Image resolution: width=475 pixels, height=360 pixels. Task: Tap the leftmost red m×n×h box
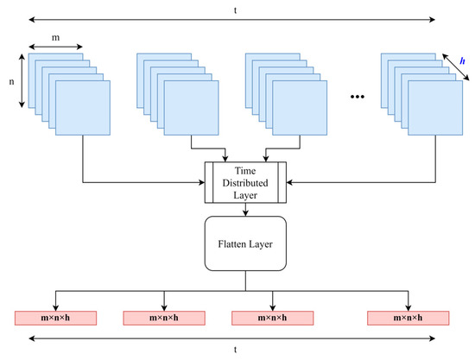[55, 318]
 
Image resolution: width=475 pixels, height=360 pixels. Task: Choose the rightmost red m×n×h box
[407, 318]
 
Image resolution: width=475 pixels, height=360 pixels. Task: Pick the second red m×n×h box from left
[164, 318]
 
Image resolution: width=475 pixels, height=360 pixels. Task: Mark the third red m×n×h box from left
[273, 318]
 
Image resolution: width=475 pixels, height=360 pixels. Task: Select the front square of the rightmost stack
[435, 109]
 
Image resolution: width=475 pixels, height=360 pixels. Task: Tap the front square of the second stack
[192, 109]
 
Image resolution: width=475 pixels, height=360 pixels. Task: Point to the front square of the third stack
[301, 109]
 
